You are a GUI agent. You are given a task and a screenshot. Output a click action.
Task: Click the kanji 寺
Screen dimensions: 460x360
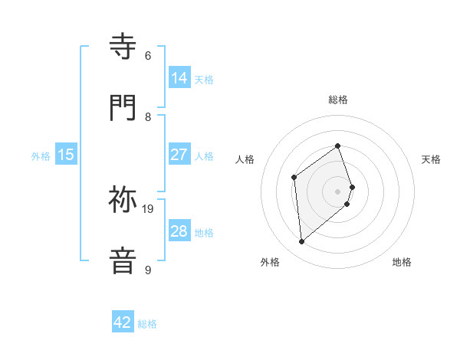click(x=123, y=47)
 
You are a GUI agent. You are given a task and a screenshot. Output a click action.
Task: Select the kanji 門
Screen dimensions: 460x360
click(x=123, y=107)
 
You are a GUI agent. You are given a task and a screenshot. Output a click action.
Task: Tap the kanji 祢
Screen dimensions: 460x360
click(x=123, y=201)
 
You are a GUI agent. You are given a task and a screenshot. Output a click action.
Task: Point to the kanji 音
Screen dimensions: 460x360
click(x=123, y=259)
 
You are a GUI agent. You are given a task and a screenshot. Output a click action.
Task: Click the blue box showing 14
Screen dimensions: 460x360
click(x=179, y=77)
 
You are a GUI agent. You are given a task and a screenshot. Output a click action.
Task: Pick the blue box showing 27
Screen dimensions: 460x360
click(x=179, y=155)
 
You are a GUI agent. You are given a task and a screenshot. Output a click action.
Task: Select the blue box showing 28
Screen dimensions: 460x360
click(x=179, y=231)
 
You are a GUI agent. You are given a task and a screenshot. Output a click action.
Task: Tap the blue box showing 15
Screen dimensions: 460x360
click(x=66, y=155)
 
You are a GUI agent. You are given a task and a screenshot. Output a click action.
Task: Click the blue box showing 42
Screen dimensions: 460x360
click(x=123, y=322)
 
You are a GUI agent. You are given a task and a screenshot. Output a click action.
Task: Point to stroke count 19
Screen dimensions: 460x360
click(x=149, y=208)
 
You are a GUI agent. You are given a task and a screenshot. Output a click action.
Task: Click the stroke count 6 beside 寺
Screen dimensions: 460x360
click(x=148, y=56)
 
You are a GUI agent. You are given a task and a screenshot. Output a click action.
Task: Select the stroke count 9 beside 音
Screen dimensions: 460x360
click(x=148, y=270)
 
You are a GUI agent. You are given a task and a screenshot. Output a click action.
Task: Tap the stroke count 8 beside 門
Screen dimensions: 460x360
click(x=148, y=117)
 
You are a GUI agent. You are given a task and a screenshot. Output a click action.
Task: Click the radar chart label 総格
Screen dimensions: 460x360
click(x=338, y=100)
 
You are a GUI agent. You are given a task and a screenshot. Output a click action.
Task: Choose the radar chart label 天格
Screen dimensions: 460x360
click(x=431, y=159)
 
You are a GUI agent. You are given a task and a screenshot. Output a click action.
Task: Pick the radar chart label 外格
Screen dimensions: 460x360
click(x=270, y=262)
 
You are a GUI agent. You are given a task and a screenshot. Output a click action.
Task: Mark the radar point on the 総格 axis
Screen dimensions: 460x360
click(x=338, y=146)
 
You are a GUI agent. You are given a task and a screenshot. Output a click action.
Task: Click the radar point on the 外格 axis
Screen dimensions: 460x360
click(x=302, y=242)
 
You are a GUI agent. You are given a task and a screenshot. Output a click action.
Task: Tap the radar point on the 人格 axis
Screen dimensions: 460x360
click(x=294, y=178)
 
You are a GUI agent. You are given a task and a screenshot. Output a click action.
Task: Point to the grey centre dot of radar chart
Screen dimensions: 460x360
click(x=338, y=191)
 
